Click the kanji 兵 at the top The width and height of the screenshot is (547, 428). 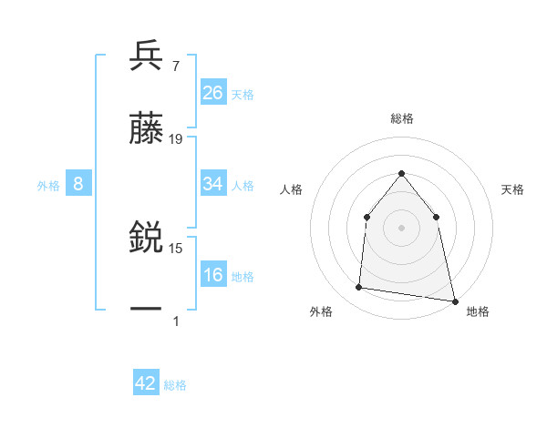(146, 56)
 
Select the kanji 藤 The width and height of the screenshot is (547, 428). (146, 128)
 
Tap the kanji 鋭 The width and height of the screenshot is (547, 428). (146, 239)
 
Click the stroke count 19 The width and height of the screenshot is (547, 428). (176, 139)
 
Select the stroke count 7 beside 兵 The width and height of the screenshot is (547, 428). (175, 66)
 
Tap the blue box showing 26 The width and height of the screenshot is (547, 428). (213, 92)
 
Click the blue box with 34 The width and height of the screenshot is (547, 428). (213, 184)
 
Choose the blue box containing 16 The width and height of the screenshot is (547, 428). (213, 275)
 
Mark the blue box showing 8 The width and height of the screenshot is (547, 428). (78, 184)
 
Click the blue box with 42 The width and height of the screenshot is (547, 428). (146, 383)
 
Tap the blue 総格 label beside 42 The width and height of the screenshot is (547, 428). (175, 385)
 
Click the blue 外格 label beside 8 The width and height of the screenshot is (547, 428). (48, 186)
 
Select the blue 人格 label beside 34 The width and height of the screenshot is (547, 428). (243, 186)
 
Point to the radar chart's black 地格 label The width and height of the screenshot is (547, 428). (478, 312)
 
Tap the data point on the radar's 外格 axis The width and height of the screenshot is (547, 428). (359, 288)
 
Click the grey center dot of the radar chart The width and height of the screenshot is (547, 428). (401, 227)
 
